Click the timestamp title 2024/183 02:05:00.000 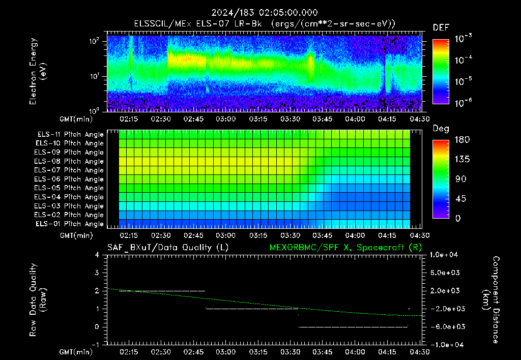(265, 13)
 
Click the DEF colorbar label (441, 27)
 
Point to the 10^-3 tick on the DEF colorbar (463, 39)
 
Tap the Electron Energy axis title (38, 71)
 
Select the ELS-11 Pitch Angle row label (70, 135)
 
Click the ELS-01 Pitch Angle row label (69, 224)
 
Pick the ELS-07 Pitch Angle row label (69, 170)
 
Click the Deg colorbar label (441, 129)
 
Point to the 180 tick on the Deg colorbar (462, 139)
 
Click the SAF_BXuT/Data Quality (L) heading (168, 248)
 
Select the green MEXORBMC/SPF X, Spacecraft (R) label (345, 248)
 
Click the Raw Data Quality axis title (38, 300)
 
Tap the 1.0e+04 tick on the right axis (444, 255)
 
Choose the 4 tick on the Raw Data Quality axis (97, 255)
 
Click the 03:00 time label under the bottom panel (225, 352)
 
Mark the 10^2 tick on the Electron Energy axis (94, 41)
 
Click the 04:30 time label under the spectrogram (420, 119)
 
